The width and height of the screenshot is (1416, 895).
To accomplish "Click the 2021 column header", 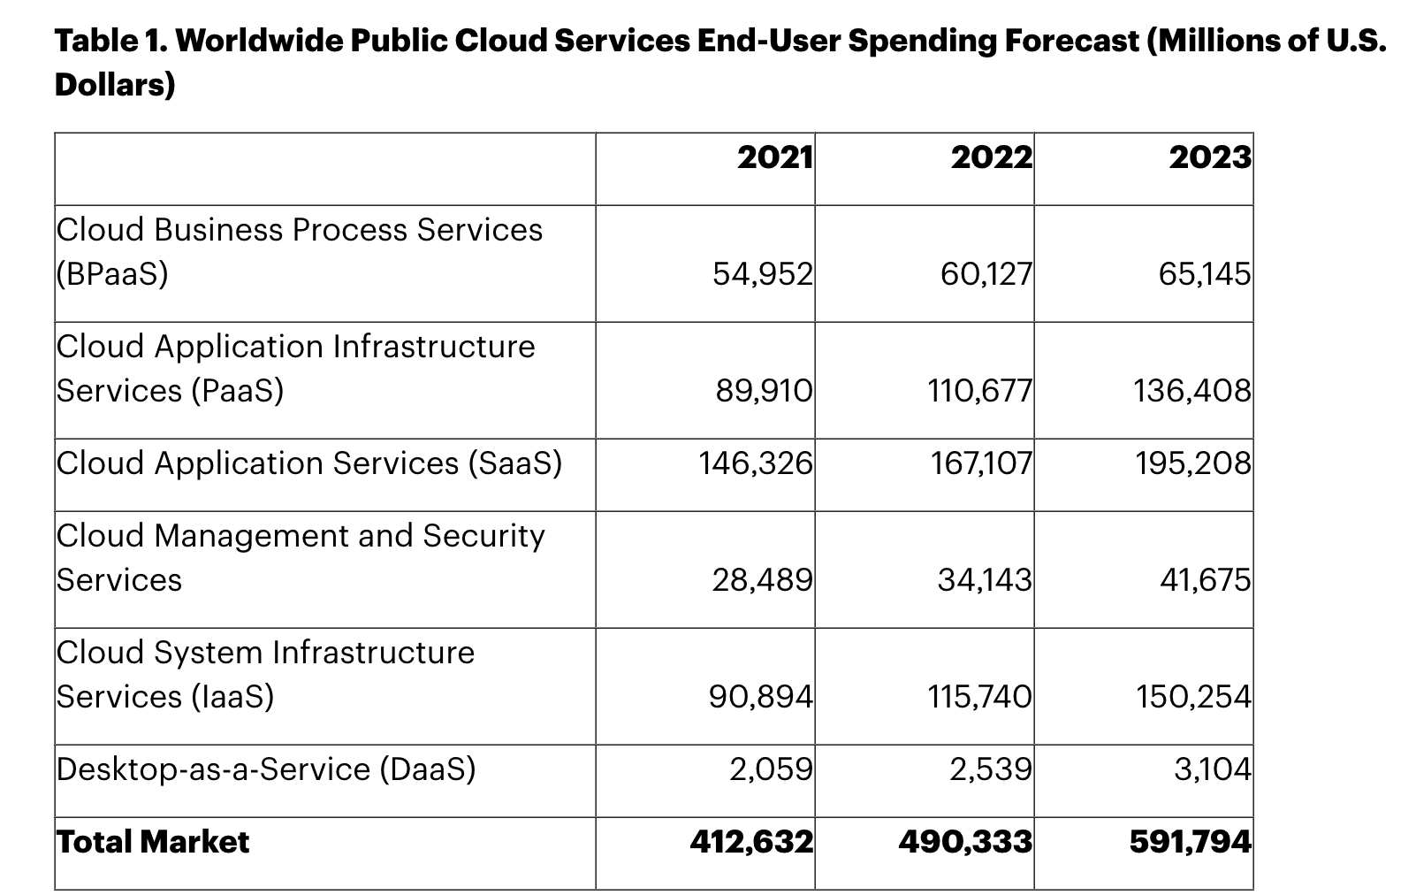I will click(774, 157).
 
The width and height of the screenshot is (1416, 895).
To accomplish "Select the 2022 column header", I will click(991, 157).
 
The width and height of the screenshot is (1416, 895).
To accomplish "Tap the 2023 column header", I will click(1209, 157).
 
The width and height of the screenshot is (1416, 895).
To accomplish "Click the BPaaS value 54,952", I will click(762, 274).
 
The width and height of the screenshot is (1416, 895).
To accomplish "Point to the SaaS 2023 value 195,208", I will click(1193, 463).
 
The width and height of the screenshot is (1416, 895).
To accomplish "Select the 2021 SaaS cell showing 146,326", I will click(755, 463).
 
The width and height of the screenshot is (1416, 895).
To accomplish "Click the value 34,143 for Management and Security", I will click(984, 579).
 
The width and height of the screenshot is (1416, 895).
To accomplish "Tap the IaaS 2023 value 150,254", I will click(1193, 696).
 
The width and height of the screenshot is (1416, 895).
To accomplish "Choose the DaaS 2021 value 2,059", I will click(770, 769).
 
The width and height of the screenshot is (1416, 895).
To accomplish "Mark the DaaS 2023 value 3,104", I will click(1212, 769).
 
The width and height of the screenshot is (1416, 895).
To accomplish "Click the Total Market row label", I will click(153, 841).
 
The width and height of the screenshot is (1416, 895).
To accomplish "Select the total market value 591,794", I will click(1190, 841).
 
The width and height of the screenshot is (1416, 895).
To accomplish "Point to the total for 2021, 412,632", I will click(751, 841).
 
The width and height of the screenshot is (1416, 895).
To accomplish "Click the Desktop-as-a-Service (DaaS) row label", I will click(266, 769).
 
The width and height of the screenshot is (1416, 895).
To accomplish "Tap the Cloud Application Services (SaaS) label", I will click(309, 463).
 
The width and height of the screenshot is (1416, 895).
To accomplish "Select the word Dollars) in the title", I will click(115, 85).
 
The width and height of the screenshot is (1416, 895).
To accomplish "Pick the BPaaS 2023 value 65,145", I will click(1204, 274).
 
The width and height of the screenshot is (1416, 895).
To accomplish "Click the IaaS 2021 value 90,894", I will click(760, 696).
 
